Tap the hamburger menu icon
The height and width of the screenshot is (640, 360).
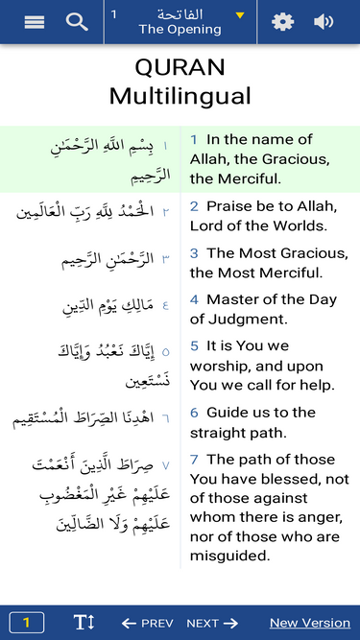(35, 22)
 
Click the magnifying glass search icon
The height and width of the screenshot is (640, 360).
(77, 22)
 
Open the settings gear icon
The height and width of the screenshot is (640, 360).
(282, 22)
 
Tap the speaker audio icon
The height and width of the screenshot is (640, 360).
(324, 22)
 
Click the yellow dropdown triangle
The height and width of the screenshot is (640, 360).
(240, 15)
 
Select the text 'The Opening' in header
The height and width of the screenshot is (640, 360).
(180, 30)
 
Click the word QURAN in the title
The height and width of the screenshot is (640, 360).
(180, 68)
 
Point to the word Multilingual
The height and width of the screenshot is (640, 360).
(180, 96)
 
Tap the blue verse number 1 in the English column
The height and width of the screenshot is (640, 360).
(193, 140)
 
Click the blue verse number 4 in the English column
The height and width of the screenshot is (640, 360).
(193, 299)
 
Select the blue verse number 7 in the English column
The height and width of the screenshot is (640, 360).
(193, 460)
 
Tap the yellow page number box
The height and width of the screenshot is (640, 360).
(26, 623)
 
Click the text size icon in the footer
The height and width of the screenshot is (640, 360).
(84, 623)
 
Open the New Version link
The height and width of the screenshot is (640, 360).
(310, 623)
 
